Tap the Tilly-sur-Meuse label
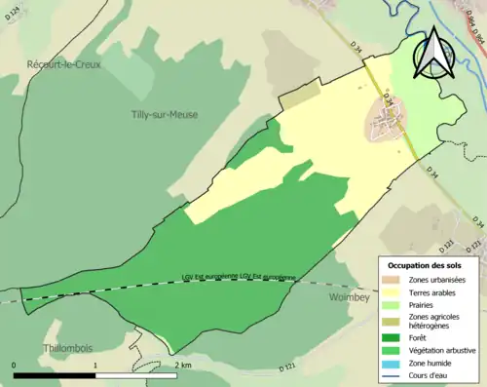[164, 114]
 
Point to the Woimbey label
[349, 295]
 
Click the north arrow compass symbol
[432, 53]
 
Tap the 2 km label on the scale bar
[181, 364]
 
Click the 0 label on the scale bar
[15, 364]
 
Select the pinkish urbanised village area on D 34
[388, 123]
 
